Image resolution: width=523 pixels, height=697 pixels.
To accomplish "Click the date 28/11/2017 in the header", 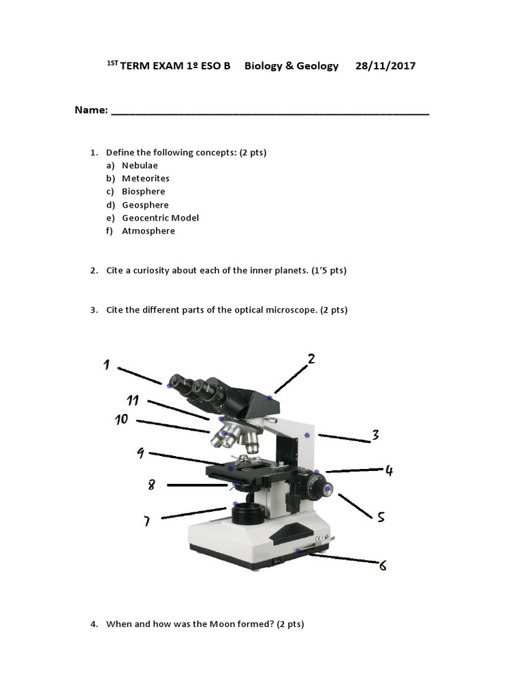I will click(385, 66).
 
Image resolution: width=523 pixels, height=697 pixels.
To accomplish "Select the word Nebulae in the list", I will click(140, 165).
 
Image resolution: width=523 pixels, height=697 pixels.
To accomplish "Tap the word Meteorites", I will click(146, 178).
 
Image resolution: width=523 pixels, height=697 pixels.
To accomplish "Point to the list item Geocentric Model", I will click(160, 218).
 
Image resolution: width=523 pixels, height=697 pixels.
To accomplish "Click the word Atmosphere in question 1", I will click(148, 231).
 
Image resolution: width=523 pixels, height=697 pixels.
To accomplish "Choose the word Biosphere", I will click(144, 191).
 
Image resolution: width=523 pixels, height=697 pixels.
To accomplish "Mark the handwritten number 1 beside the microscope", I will click(107, 366).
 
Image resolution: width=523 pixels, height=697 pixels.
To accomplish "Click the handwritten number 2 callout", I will click(311, 359).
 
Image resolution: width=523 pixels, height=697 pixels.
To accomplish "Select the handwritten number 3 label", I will click(375, 435).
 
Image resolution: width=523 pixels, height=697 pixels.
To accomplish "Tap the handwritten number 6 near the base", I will click(383, 564).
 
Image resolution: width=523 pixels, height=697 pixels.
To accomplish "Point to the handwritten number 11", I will click(133, 400).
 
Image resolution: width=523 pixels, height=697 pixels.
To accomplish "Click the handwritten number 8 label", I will click(151, 485).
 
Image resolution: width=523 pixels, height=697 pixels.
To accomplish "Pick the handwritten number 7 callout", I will click(146, 521).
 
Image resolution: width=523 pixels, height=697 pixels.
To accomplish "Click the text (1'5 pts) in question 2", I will click(329, 270).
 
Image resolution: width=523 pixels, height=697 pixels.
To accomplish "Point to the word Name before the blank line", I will click(91, 110).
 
